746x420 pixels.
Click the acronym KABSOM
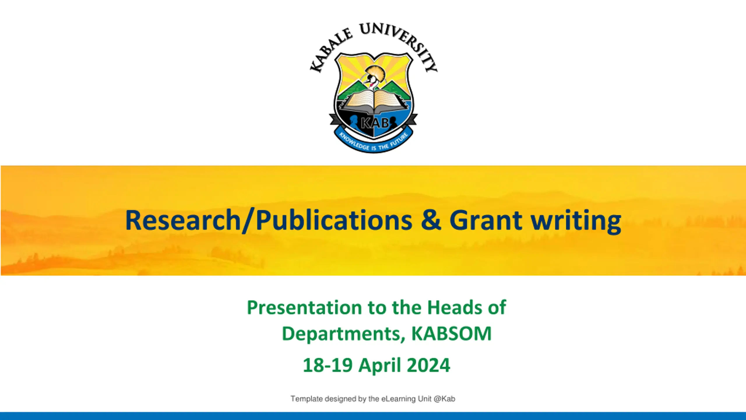[x=451, y=333]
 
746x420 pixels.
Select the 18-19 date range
[x=328, y=365]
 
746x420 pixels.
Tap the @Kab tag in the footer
[x=444, y=399]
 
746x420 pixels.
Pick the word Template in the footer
[x=307, y=399]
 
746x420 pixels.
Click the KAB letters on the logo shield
[x=375, y=123]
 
